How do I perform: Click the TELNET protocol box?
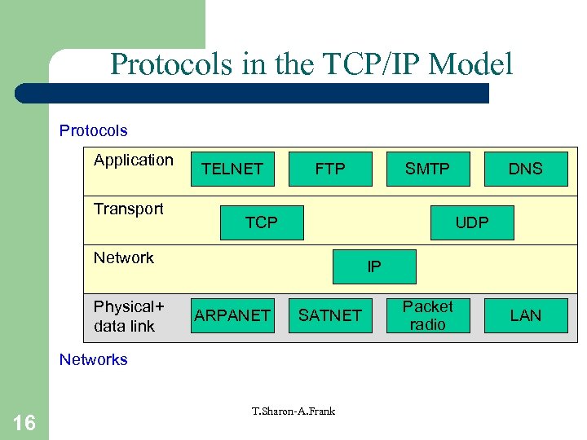pyautogui.click(x=232, y=169)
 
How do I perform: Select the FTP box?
pyautogui.click(x=330, y=169)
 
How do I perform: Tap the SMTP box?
pyautogui.click(x=428, y=169)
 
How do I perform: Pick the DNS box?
pyautogui.click(x=526, y=169)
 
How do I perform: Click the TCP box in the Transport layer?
pyautogui.click(x=262, y=222)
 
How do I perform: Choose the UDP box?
pyautogui.click(x=473, y=222)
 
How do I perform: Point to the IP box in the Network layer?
pyautogui.click(x=374, y=266)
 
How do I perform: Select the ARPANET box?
pyautogui.click(x=232, y=315)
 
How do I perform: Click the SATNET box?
pyautogui.click(x=330, y=315)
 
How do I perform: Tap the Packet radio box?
pyautogui.click(x=428, y=315)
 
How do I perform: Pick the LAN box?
pyautogui.click(x=526, y=315)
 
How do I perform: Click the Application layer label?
pyautogui.click(x=134, y=161)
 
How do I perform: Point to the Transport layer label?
pyautogui.click(x=129, y=209)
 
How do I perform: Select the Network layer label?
pyautogui.click(x=124, y=258)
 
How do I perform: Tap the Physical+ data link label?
pyautogui.click(x=129, y=316)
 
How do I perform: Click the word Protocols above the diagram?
pyautogui.click(x=94, y=131)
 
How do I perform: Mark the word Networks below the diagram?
pyautogui.click(x=94, y=360)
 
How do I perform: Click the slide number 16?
pyautogui.click(x=24, y=422)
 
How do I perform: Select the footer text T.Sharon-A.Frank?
pyautogui.click(x=293, y=411)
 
